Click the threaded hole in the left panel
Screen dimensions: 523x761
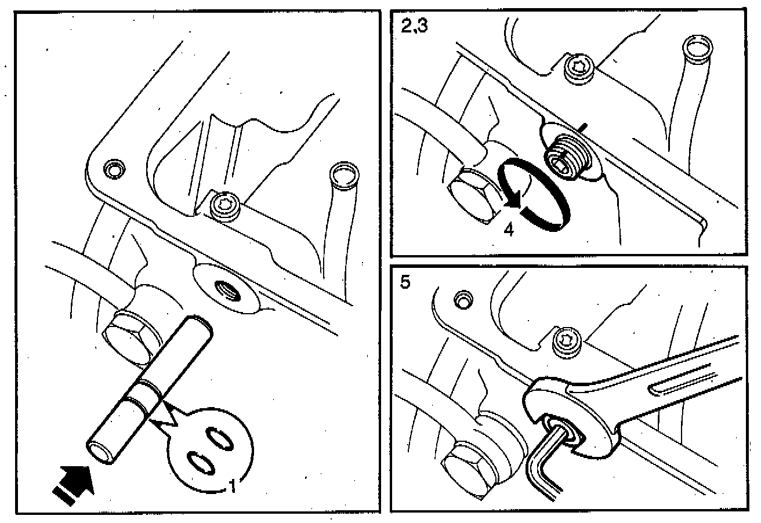224,286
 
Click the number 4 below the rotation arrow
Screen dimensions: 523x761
509,229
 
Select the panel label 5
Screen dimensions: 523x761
405,284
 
